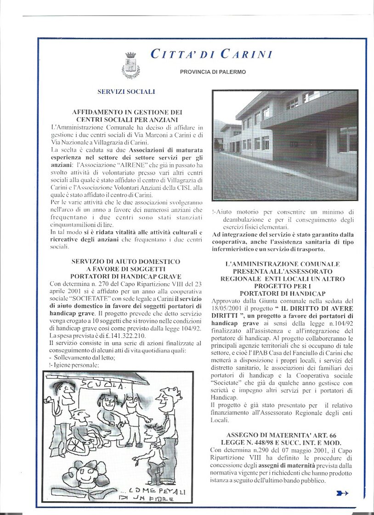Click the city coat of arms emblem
(x=130, y=65)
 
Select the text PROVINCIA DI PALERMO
(x=213, y=72)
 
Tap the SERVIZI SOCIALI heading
(x=126, y=92)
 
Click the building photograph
(x=285, y=145)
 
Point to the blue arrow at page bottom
(x=342, y=493)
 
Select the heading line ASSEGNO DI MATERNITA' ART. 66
(x=281, y=435)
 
